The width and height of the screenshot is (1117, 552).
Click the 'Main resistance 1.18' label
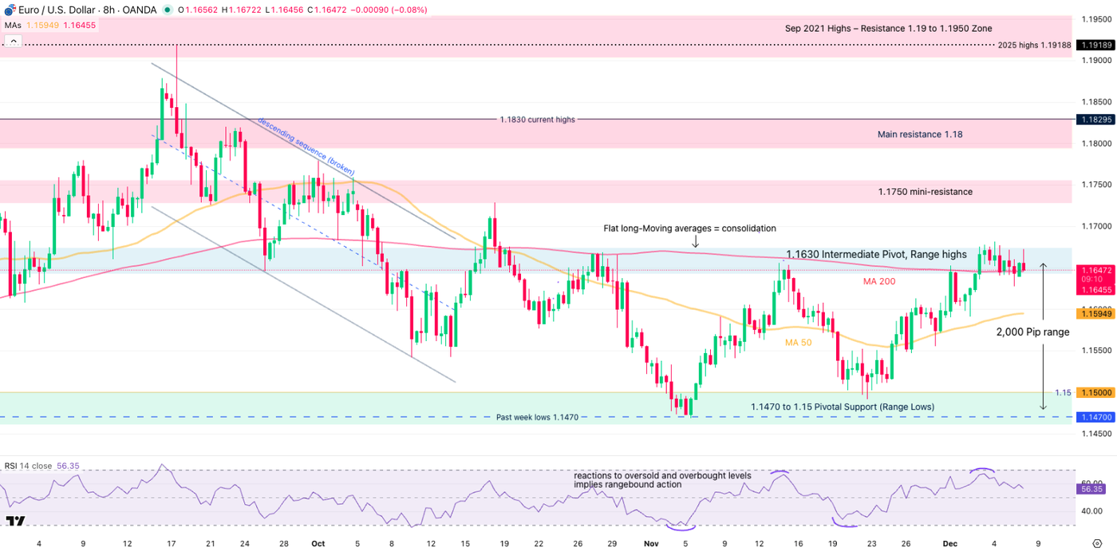point(919,134)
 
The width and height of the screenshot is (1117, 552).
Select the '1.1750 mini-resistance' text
point(925,192)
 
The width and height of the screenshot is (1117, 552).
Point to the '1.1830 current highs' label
point(537,120)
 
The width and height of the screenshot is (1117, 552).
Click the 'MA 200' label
point(878,281)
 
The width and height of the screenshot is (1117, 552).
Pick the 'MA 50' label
point(799,343)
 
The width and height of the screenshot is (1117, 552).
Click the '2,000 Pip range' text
point(1032,332)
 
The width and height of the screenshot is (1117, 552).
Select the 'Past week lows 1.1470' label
point(536,417)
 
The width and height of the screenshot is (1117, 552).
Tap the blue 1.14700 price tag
point(1093,417)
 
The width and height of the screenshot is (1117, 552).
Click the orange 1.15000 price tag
point(1093,392)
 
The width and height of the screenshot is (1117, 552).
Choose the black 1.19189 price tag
point(1093,46)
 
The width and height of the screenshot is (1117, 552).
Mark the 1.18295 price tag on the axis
point(1093,120)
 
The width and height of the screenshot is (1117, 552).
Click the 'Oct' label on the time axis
point(318,543)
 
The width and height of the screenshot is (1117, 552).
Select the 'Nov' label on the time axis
point(651,543)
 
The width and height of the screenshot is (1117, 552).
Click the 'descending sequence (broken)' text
point(306,145)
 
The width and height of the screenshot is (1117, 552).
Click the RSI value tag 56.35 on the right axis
point(1092,488)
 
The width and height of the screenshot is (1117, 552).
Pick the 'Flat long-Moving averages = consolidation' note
point(689,228)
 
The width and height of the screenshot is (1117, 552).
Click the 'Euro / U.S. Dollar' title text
point(57,10)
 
